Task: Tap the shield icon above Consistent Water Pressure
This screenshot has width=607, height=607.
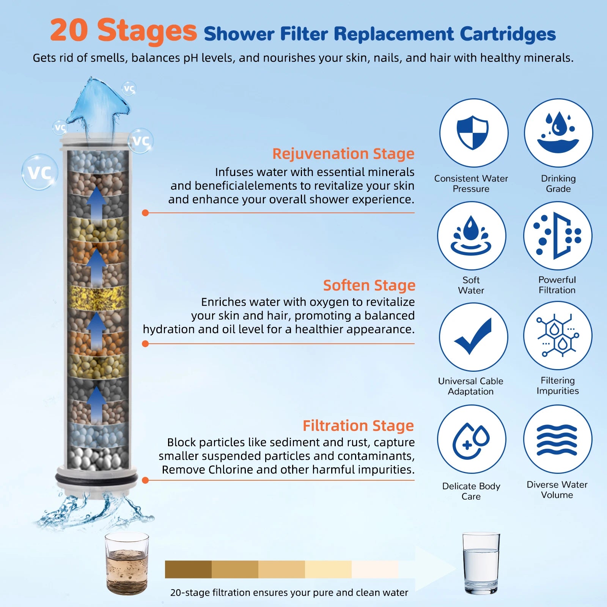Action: (473, 132)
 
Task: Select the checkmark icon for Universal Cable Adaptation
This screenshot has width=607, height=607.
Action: (473, 336)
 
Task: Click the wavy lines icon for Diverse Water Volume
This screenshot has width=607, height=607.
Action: (557, 439)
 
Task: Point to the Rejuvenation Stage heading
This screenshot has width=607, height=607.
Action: (343, 154)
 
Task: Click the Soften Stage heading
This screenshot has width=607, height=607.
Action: (369, 285)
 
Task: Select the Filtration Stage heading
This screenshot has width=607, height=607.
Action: (358, 426)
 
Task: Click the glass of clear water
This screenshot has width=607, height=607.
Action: (481, 563)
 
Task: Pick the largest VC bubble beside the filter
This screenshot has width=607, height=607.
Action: (40, 172)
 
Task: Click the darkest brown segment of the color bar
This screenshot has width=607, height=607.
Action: (188, 569)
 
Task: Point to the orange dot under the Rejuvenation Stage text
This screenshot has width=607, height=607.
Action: (145, 213)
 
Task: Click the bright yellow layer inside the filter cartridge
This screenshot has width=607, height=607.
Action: (97, 298)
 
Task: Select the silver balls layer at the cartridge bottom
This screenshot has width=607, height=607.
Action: (97, 458)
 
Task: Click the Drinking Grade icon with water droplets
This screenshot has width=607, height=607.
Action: (558, 132)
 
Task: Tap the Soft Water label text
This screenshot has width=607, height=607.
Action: (471, 285)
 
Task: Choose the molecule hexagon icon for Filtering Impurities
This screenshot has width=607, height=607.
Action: (557, 335)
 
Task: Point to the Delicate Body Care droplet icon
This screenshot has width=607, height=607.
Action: (471, 439)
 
